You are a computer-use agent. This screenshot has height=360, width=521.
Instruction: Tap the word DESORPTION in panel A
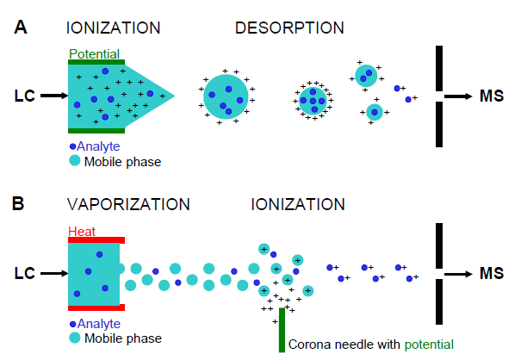[289, 28]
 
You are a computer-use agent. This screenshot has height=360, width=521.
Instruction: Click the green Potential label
[95, 54]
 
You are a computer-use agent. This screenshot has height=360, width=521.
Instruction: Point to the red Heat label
[83, 231]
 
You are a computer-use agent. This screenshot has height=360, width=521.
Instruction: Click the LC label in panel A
[23, 96]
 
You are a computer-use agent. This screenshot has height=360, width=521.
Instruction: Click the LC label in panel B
[23, 273]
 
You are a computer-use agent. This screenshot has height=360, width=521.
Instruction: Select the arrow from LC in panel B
[53, 273]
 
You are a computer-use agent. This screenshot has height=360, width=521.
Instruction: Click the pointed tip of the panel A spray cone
[175, 96]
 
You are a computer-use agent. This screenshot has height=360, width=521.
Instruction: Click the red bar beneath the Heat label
[97, 239]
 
